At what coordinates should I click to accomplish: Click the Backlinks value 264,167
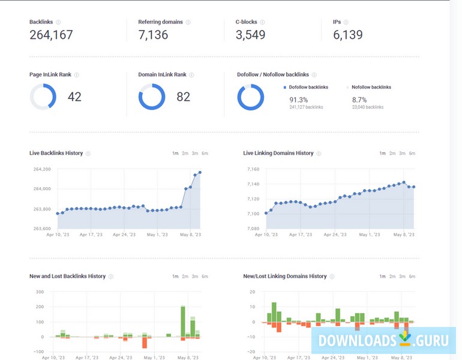pyautogui.click(x=51, y=35)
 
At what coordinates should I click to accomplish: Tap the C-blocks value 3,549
pyautogui.click(x=250, y=35)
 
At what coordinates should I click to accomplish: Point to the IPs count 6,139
pyautogui.click(x=348, y=35)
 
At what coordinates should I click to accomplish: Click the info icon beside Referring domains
pyautogui.click(x=188, y=22)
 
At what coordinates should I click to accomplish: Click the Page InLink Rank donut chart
pyautogui.click(x=43, y=97)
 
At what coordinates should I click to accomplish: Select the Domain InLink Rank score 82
pyautogui.click(x=183, y=97)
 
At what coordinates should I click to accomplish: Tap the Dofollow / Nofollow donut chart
pyautogui.click(x=250, y=97)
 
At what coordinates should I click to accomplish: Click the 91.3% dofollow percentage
pyautogui.click(x=298, y=100)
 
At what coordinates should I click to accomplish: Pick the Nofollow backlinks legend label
pyautogui.click(x=371, y=87)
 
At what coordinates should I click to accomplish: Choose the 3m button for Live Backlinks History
pyautogui.click(x=195, y=154)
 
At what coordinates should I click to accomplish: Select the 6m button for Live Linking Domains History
pyautogui.click(x=412, y=154)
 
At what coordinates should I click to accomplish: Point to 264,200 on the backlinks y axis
pyautogui.click(x=41, y=170)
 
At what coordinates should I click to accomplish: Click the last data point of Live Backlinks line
pyautogui.click(x=200, y=172)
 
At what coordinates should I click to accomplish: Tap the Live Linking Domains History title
pyautogui.click(x=278, y=153)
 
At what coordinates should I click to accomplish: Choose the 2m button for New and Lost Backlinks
pyautogui.click(x=185, y=277)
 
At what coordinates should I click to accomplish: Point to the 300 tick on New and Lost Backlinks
pyautogui.click(x=40, y=292)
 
